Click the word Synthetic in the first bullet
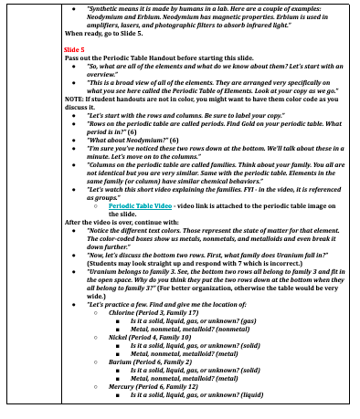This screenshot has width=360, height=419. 106,5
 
